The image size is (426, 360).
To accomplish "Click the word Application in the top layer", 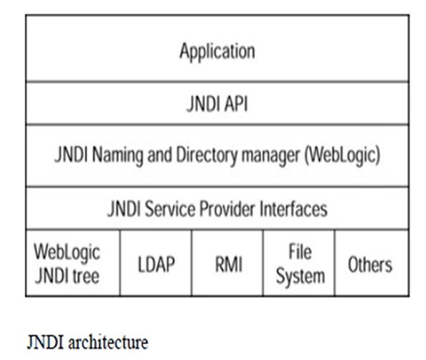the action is coord(217,52).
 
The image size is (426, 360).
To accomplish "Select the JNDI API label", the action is coord(217,103).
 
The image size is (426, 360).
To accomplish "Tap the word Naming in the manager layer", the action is coord(118,156).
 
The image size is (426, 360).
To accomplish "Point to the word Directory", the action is coord(207,156).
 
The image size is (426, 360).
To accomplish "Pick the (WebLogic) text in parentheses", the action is coord(342,156).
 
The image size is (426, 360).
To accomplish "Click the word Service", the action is coord(170,209).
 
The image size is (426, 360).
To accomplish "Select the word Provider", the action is coord(227,209).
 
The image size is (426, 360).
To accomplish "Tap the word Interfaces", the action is coord(293,209).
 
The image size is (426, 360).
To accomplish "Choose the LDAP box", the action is coord(156,262).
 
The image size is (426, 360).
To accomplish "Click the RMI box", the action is coord(227,262).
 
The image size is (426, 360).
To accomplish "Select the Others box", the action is coord(372,262).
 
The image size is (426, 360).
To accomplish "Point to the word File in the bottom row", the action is coord(300,251).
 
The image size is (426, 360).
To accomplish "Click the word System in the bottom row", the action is coord(300,276).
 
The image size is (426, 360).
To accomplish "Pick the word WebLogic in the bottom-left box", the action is coord(67,252).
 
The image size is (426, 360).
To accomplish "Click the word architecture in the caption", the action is coord(108,342).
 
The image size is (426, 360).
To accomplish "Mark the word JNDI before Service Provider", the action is coord(124,209).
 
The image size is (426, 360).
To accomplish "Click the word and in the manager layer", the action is coord(159,155).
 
